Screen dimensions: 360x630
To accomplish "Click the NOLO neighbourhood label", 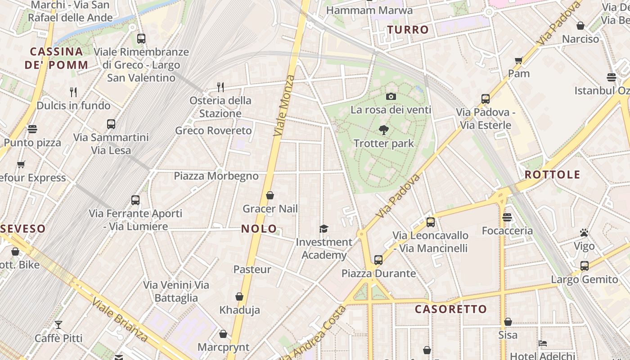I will point(259,229).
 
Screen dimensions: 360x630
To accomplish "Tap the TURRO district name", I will point(408,30).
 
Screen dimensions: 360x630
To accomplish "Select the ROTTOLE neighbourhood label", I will point(552,175).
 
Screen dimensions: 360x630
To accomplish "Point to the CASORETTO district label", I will point(450,309).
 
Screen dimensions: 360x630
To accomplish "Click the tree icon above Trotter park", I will point(383,130).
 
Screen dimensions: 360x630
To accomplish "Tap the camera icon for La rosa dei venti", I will point(391,96).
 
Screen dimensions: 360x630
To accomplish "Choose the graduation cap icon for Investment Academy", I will point(324,229).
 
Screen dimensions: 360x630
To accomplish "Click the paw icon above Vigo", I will point(584,233).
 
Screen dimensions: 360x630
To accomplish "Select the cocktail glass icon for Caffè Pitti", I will point(58,324).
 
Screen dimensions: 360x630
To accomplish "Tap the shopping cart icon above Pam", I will point(518,60).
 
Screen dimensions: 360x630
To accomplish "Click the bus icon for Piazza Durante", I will point(378,260).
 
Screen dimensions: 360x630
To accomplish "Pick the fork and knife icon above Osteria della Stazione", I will point(220,86).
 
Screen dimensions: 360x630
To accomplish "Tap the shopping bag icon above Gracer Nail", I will point(270,195).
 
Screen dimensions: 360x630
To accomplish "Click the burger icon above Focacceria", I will point(507,217).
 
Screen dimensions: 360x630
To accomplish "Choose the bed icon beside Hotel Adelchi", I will point(543,343).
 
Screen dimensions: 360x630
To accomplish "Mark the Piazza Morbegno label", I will point(216,176).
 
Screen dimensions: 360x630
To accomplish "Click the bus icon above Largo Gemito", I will point(584,265).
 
